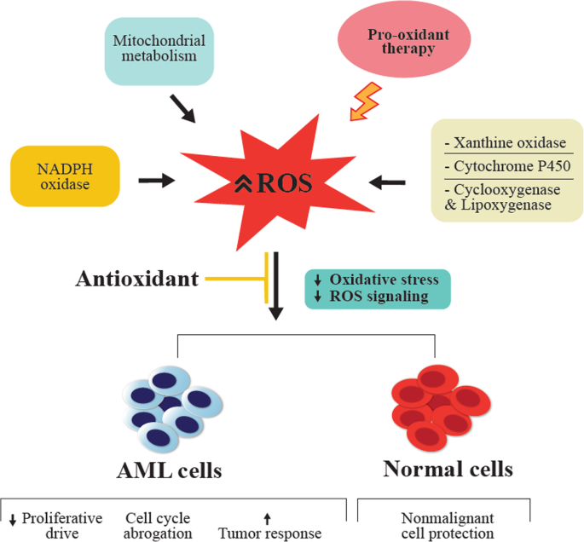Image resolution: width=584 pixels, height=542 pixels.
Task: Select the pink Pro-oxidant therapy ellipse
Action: pyautogui.click(x=402, y=43)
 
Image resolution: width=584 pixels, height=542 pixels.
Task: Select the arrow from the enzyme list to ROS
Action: pyautogui.click(x=387, y=181)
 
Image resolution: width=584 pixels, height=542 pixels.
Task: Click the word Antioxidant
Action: pyautogui.click(x=137, y=279)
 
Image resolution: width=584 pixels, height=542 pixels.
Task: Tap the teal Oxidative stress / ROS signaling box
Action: pyautogui.click(x=379, y=289)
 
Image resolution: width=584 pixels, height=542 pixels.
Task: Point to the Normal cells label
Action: pyautogui.click(x=448, y=469)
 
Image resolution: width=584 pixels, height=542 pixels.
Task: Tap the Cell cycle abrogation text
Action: pyautogui.click(x=157, y=526)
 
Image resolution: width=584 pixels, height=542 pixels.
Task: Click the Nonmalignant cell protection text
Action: pyautogui.click(x=446, y=526)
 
